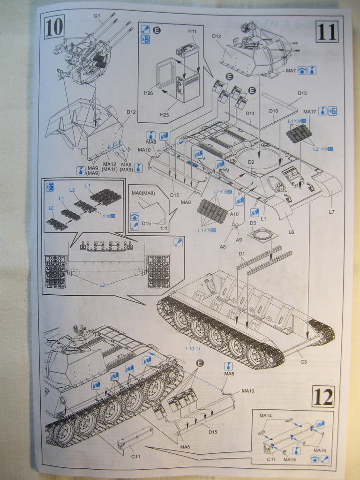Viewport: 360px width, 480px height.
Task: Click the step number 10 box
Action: pos(54,28)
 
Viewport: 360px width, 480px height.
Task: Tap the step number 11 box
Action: pos(326,32)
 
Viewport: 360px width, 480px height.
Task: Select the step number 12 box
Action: pos(323,397)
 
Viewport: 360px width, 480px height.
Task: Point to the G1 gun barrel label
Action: pos(97,16)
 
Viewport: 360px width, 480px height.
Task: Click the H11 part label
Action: pos(192,31)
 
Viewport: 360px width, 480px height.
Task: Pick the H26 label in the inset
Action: pos(149,93)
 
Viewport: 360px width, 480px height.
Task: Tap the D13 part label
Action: pos(302,93)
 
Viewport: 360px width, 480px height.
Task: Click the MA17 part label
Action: pos(309,112)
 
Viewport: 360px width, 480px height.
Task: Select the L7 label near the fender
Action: pos(331,212)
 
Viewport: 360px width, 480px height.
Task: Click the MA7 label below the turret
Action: pos(291,71)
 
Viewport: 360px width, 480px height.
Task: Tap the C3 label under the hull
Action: pos(304,361)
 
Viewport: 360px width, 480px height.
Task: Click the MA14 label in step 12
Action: pos(265,416)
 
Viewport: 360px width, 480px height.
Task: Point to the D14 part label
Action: pos(250,113)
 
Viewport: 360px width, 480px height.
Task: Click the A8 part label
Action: pos(223,247)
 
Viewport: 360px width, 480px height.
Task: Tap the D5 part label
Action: pos(253,223)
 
